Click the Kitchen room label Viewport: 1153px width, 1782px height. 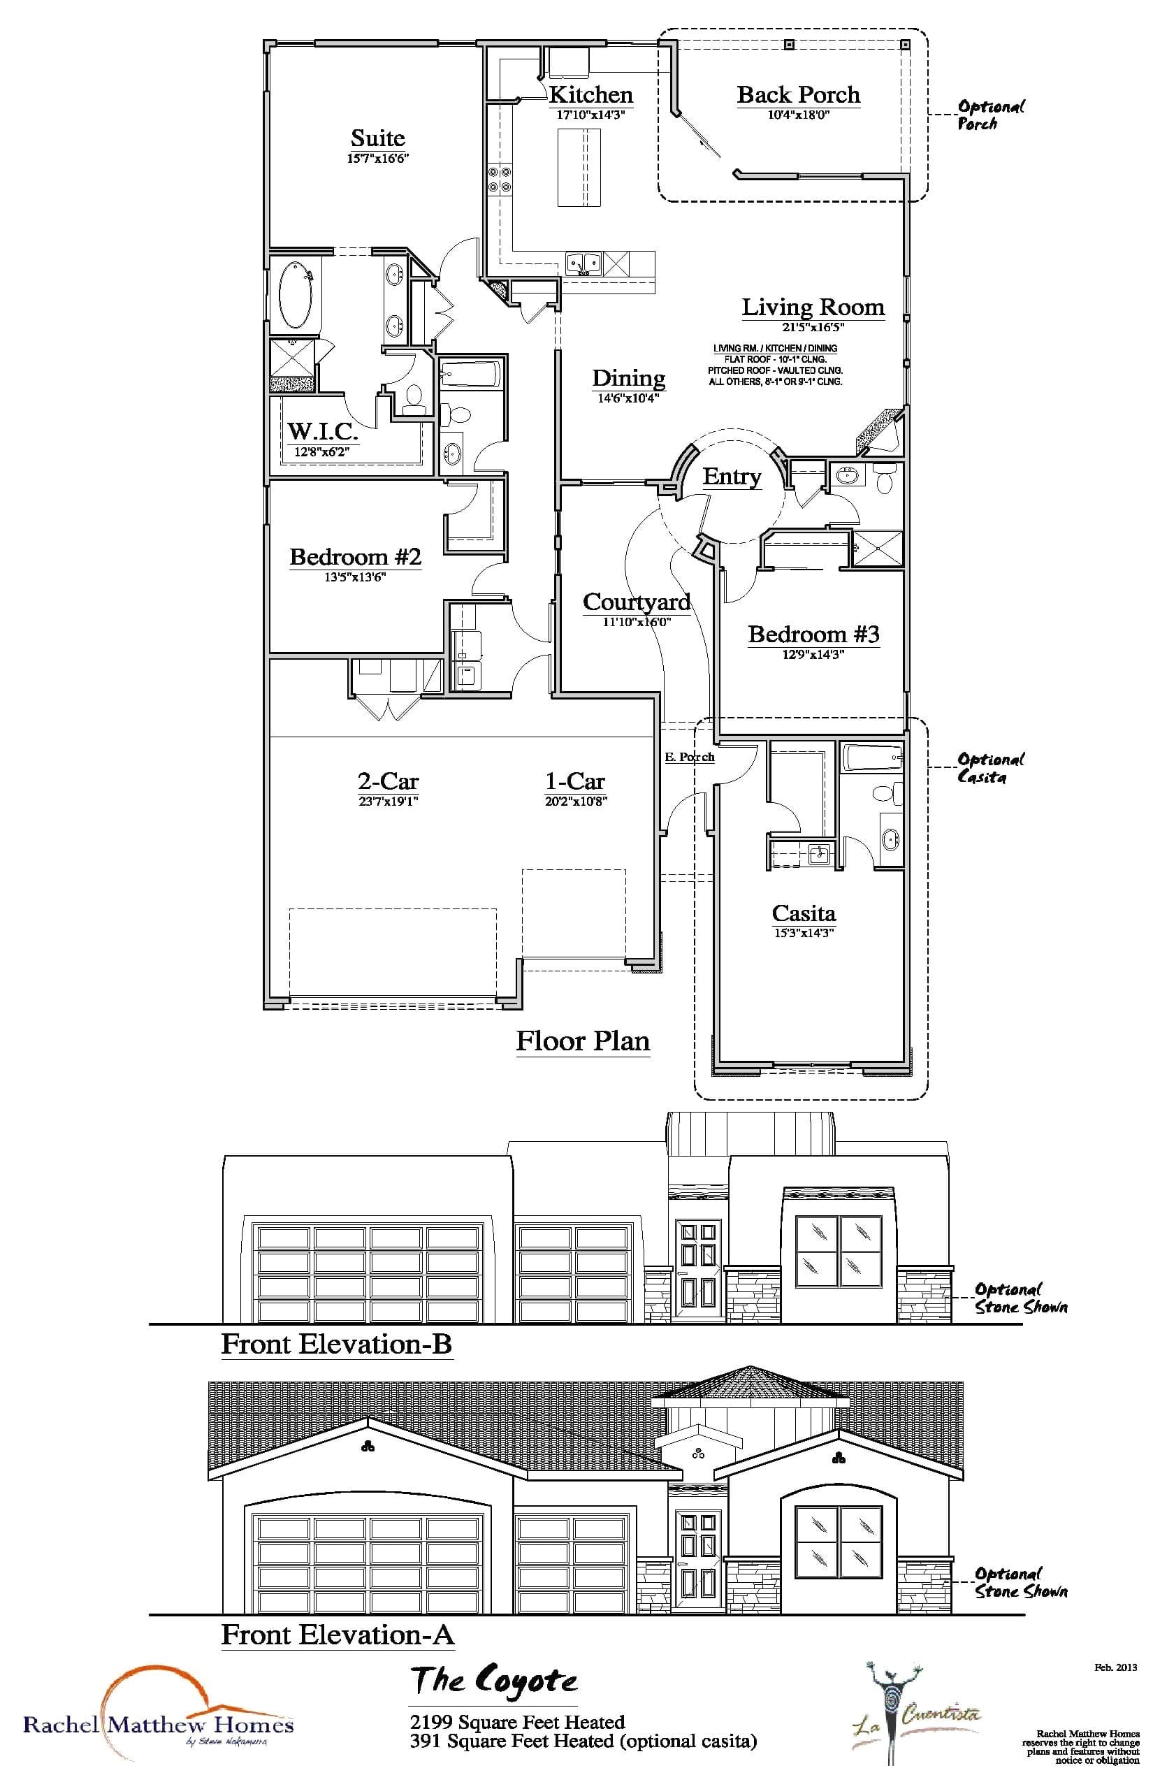(x=590, y=95)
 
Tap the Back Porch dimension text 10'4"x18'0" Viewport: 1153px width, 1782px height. (x=798, y=115)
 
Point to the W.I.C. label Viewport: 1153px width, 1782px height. (x=323, y=432)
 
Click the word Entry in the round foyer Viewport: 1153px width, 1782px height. (x=732, y=476)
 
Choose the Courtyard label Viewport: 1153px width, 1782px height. (x=637, y=602)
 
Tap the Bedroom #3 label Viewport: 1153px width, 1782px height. (x=813, y=635)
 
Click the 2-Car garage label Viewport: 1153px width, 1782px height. (x=388, y=781)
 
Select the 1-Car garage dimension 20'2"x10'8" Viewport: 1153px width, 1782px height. (x=575, y=801)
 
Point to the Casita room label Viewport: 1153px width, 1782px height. (x=804, y=913)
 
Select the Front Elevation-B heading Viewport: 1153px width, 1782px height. (x=336, y=1344)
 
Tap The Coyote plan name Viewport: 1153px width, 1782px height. (x=494, y=1681)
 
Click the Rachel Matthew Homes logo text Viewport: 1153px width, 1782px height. (x=158, y=1725)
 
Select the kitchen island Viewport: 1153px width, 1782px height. (x=579, y=167)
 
